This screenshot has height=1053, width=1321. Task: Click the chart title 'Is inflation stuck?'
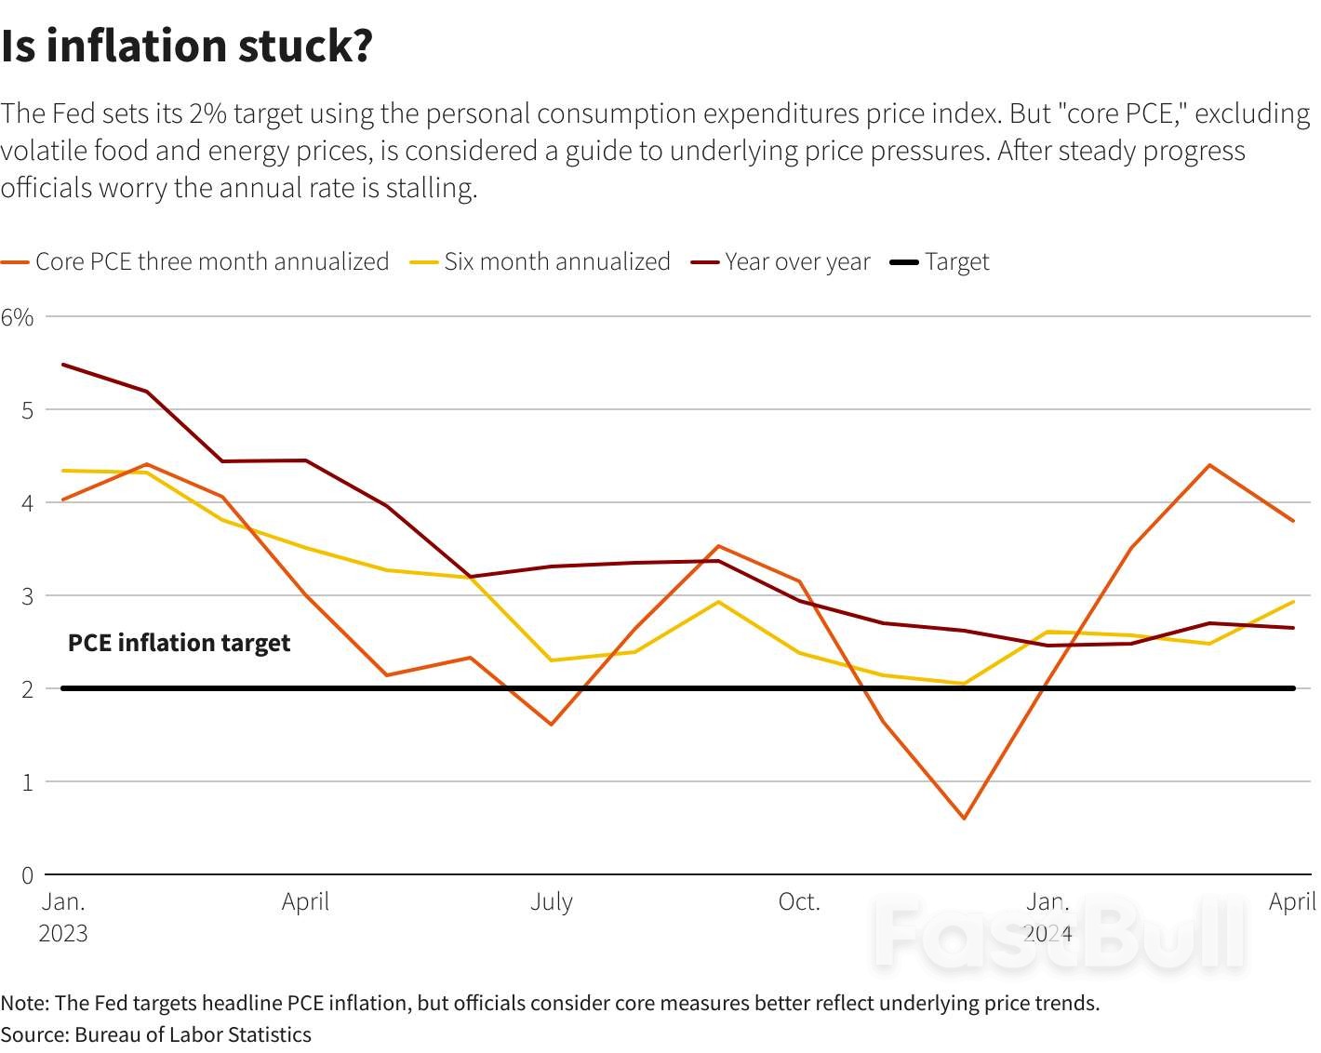point(187,47)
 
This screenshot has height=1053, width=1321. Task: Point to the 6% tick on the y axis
point(17,317)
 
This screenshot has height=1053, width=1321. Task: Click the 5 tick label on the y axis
point(27,410)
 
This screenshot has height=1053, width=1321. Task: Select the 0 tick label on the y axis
point(27,875)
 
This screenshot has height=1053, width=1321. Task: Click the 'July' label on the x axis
point(552,902)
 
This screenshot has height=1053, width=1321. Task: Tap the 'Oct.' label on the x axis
point(799,902)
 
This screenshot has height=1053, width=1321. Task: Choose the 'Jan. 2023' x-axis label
point(63,917)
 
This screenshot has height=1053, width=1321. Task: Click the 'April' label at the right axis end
point(1292,902)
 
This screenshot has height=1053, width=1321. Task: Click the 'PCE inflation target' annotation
point(179,643)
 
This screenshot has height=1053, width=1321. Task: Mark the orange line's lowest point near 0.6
point(964,819)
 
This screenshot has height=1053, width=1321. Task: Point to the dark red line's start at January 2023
point(62,365)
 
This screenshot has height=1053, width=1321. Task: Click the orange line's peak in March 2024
point(1209,465)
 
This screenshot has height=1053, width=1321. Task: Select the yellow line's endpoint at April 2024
point(1293,602)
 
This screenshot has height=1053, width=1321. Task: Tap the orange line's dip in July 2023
point(551,724)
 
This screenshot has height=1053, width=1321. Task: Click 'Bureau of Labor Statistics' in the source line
point(193,1035)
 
